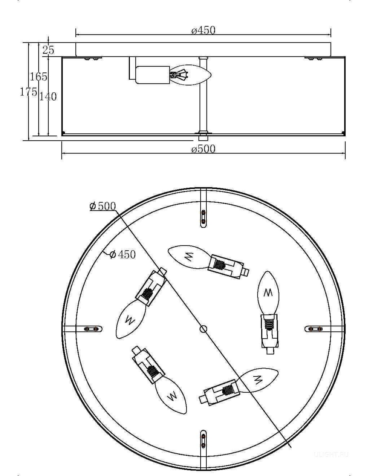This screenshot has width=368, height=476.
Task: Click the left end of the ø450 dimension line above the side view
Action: pyautogui.click(x=76, y=34)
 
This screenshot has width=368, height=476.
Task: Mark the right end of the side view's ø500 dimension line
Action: pyautogui.click(x=345, y=153)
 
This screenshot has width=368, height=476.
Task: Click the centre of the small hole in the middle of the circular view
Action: pyautogui.click(x=204, y=329)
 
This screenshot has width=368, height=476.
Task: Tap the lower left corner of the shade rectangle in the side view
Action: pyautogui.click(x=62, y=136)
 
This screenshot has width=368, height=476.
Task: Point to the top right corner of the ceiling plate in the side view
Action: pyautogui.click(x=331, y=43)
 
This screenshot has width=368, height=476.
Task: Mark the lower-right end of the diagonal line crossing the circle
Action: pyautogui.click(x=291, y=447)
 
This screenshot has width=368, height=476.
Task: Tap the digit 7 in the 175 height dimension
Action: pyautogui.click(x=28, y=92)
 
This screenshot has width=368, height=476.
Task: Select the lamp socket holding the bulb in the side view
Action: pyautogui.click(x=153, y=75)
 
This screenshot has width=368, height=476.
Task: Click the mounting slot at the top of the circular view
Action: pyautogui.click(x=204, y=218)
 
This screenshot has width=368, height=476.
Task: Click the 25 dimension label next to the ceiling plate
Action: pyautogui.click(x=48, y=50)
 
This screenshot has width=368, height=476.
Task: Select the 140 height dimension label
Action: pyautogui.click(x=48, y=96)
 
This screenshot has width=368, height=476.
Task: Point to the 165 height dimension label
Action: pyautogui.click(x=38, y=77)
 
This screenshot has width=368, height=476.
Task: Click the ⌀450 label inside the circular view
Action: pyautogui.click(x=122, y=254)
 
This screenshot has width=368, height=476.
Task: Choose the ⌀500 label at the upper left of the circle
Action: pyautogui.click(x=103, y=206)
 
